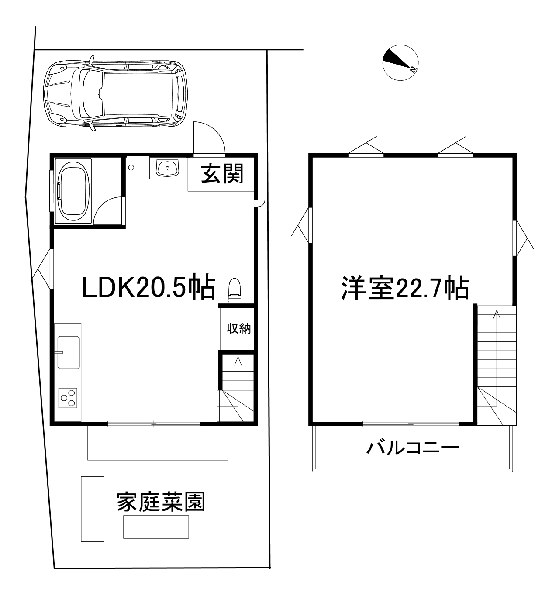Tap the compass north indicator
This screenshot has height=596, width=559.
tap(400, 63)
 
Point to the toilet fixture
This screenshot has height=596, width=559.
tap(235, 291)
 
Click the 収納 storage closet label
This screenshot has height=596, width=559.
tap(239, 329)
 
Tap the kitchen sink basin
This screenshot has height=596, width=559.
tap(69, 352)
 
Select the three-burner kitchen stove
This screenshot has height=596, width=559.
tap(68, 398)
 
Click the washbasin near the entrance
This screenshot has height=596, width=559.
tap(168, 168)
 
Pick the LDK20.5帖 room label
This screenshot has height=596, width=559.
tap(149, 286)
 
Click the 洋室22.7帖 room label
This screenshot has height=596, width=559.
tap(405, 288)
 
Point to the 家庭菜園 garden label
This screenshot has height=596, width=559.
tap(161, 501)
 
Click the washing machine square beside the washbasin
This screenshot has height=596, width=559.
tap(138, 168)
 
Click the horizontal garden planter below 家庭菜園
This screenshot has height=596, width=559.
tap(156, 527)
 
